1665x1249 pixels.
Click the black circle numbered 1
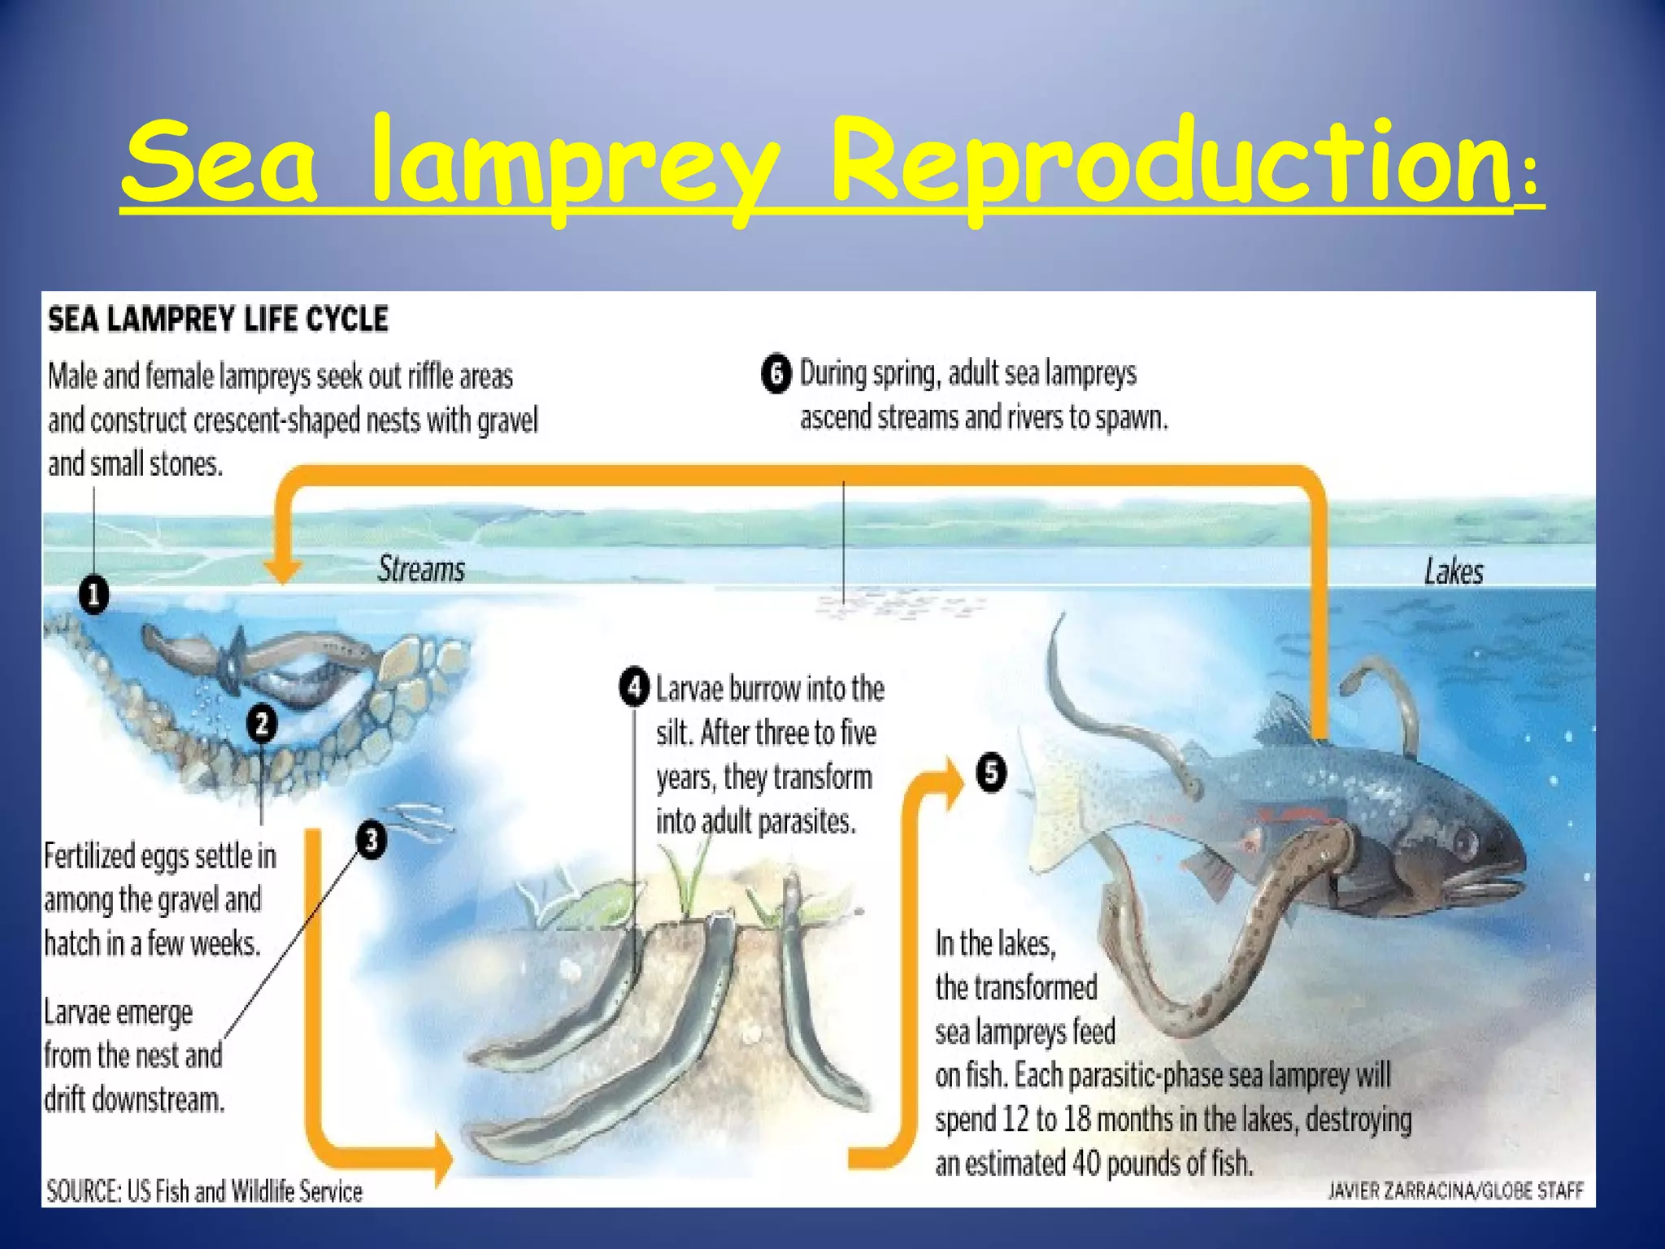94,595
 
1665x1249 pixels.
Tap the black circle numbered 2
262,723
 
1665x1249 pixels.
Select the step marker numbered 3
371,839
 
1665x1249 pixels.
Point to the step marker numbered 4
634,687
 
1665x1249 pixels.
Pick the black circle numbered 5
991,772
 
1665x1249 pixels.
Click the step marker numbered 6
776,374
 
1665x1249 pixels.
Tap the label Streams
421,569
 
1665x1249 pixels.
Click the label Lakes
1454,572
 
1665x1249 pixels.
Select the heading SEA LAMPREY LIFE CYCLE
218,319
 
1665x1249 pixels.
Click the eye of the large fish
1464,838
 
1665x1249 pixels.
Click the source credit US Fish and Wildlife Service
245,1191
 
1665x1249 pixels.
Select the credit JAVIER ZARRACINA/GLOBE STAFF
1455,1191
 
